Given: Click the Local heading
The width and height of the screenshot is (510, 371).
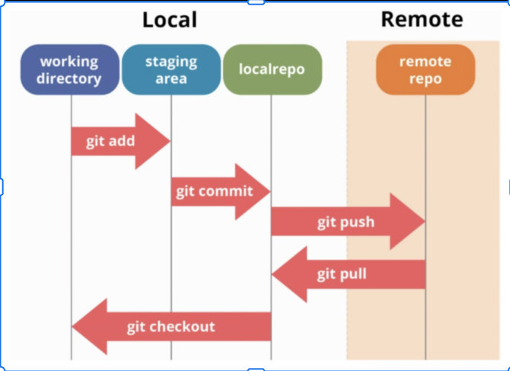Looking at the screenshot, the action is [170, 20].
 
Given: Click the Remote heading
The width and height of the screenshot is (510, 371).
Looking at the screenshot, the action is [422, 19].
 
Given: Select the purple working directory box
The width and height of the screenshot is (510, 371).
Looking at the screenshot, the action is [69, 69].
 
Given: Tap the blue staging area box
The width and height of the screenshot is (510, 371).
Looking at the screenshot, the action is [171, 69].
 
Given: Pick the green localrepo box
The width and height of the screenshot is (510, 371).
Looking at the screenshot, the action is [273, 69].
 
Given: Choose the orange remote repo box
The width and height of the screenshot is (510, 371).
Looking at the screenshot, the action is [426, 69].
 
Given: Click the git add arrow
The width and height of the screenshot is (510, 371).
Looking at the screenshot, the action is [121, 141].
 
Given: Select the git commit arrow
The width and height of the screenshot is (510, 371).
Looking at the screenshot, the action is [221, 192].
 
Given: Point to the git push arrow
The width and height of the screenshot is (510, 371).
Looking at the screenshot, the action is [349, 222].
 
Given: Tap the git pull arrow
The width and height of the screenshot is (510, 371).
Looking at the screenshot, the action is [349, 274].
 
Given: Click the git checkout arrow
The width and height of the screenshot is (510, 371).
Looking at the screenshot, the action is [171, 326].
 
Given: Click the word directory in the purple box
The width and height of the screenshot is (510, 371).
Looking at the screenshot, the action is [69, 79].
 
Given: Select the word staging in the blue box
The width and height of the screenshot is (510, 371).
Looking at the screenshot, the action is [171, 62].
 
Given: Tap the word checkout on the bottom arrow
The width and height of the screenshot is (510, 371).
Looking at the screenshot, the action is [185, 326].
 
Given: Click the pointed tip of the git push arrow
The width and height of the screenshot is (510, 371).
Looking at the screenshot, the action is [425, 222].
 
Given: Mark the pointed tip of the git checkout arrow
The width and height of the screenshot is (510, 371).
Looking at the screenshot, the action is [72, 326].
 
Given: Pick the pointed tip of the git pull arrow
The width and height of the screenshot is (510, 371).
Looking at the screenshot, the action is [272, 275].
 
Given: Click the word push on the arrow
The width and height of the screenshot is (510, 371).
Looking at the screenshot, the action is [358, 222].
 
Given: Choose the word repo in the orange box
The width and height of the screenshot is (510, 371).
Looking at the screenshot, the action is [426, 79].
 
